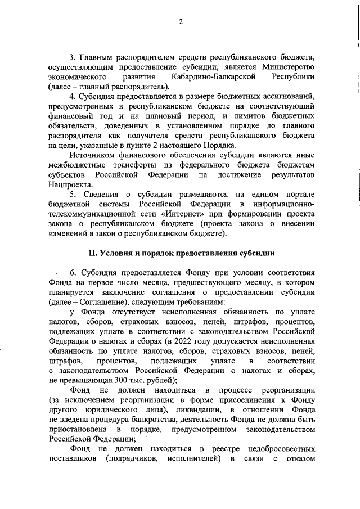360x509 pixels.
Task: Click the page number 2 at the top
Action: click(181, 22)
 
